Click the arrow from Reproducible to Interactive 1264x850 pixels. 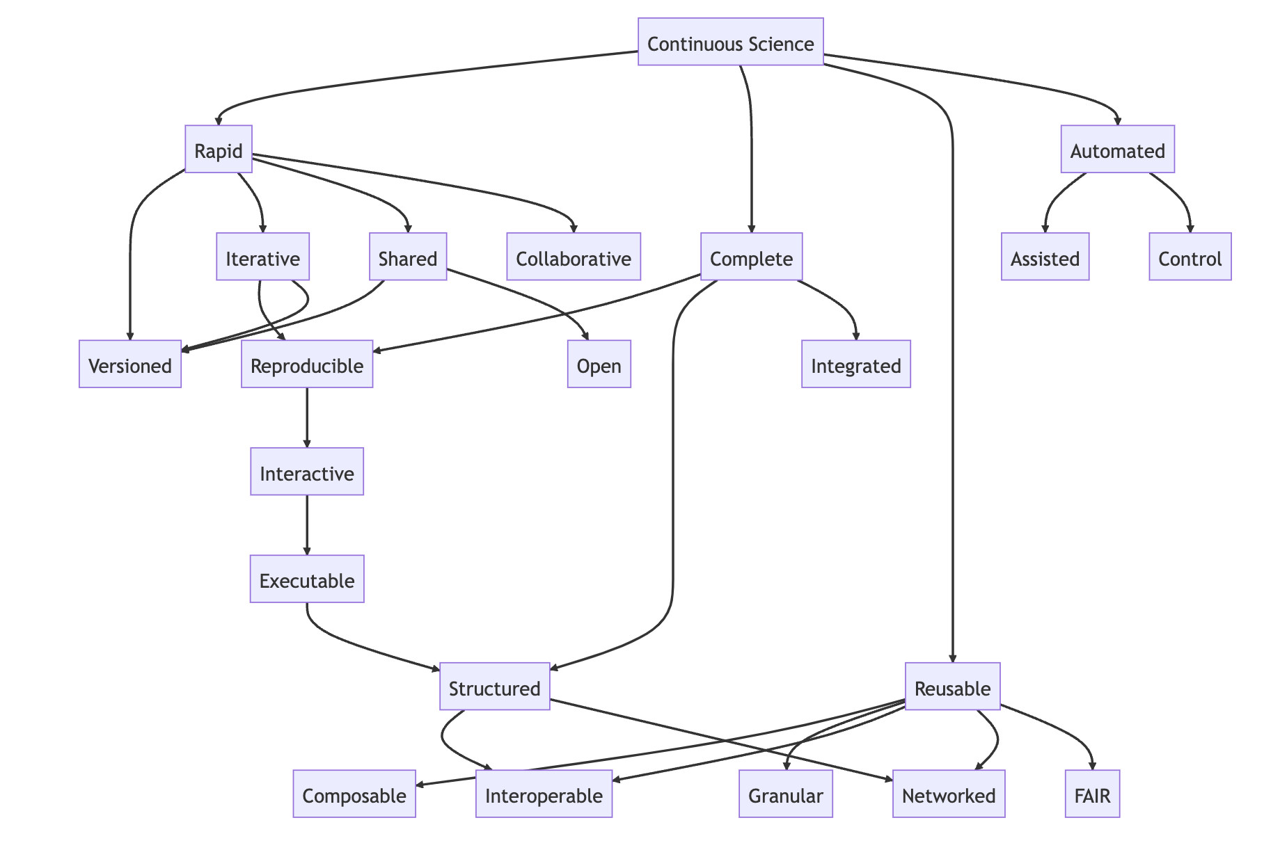307,417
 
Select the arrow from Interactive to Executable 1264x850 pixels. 307,525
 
